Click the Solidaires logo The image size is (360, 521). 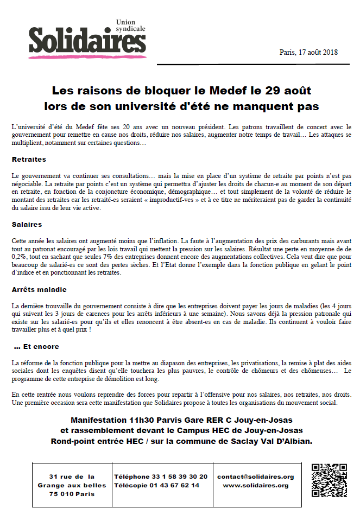tap(87, 41)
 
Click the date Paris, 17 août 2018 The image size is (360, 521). tap(308, 52)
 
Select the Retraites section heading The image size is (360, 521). tap(29, 160)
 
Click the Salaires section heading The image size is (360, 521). tap(27, 224)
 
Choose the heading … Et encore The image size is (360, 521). tap(36, 346)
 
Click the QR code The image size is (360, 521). tap(329, 480)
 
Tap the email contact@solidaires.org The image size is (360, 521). tap(255, 476)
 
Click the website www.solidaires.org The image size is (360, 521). tap(255, 485)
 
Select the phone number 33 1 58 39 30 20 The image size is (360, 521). tap(182, 476)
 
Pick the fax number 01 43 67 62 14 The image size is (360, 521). tap(173, 485)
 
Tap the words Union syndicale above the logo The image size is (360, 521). tap(132, 25)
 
